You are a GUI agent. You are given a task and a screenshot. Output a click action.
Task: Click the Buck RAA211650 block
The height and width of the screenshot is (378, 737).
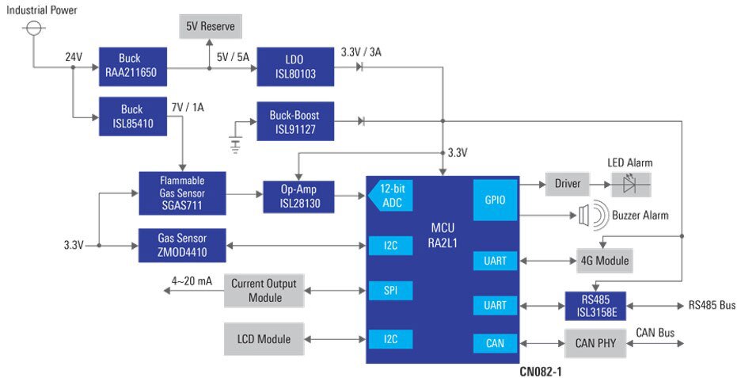pyautogui.click(x=132, y=67)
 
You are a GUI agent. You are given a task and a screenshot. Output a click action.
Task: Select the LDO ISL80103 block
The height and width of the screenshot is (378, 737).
pyautogui.click(x=295, y=67)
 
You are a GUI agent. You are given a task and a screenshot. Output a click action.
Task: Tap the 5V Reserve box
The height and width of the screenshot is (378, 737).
pyautogui.click(x=210, y=26)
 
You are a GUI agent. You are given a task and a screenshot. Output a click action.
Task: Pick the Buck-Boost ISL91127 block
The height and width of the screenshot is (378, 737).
pyautogui.click(x=295, y=121)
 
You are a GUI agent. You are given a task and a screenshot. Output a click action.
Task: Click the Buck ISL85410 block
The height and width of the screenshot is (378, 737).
pyautogui.click(x=132, y=116)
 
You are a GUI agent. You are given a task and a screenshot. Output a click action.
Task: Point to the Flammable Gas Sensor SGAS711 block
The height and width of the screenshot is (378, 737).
pyautogui.click(x=182, y=193)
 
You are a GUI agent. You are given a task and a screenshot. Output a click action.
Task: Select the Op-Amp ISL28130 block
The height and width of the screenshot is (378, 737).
pyautogui.click(x=298, y=197)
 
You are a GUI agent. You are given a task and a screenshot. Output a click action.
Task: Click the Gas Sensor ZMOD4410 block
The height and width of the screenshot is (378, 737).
pyautogui.click(x=182, y=245)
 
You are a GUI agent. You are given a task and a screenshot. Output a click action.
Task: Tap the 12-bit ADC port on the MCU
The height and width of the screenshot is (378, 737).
pyautogui.click(x=390, y=196)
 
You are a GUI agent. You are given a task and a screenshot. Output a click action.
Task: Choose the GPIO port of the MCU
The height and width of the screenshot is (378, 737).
pyautogui.click(x=495, y=200)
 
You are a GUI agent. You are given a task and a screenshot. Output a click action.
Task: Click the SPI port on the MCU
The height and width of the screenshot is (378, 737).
pyautogui.click(x=390, y=291)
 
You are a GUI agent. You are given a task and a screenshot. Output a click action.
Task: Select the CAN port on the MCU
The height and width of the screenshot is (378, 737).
pyautogui.click(x=495, y=343)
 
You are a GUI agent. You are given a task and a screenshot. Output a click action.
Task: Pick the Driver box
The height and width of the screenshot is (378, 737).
pyautogui.click(x=568, y=184)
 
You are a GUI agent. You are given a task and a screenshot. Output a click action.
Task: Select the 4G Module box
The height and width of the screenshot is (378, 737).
pyautogui.click(x=605, y=260)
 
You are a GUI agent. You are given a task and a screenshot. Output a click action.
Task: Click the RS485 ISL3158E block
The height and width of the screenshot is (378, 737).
pyautogui.click(x=595, y=306)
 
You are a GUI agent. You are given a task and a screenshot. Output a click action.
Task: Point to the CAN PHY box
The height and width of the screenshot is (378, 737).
pyautogui.click(x=595, y=343)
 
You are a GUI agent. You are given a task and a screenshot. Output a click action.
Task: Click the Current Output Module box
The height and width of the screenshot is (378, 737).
pyautogui.click(x=264, y=291)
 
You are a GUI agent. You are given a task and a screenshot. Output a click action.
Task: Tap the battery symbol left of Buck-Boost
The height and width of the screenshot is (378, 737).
pyautogui.click(x=235, y=143)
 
